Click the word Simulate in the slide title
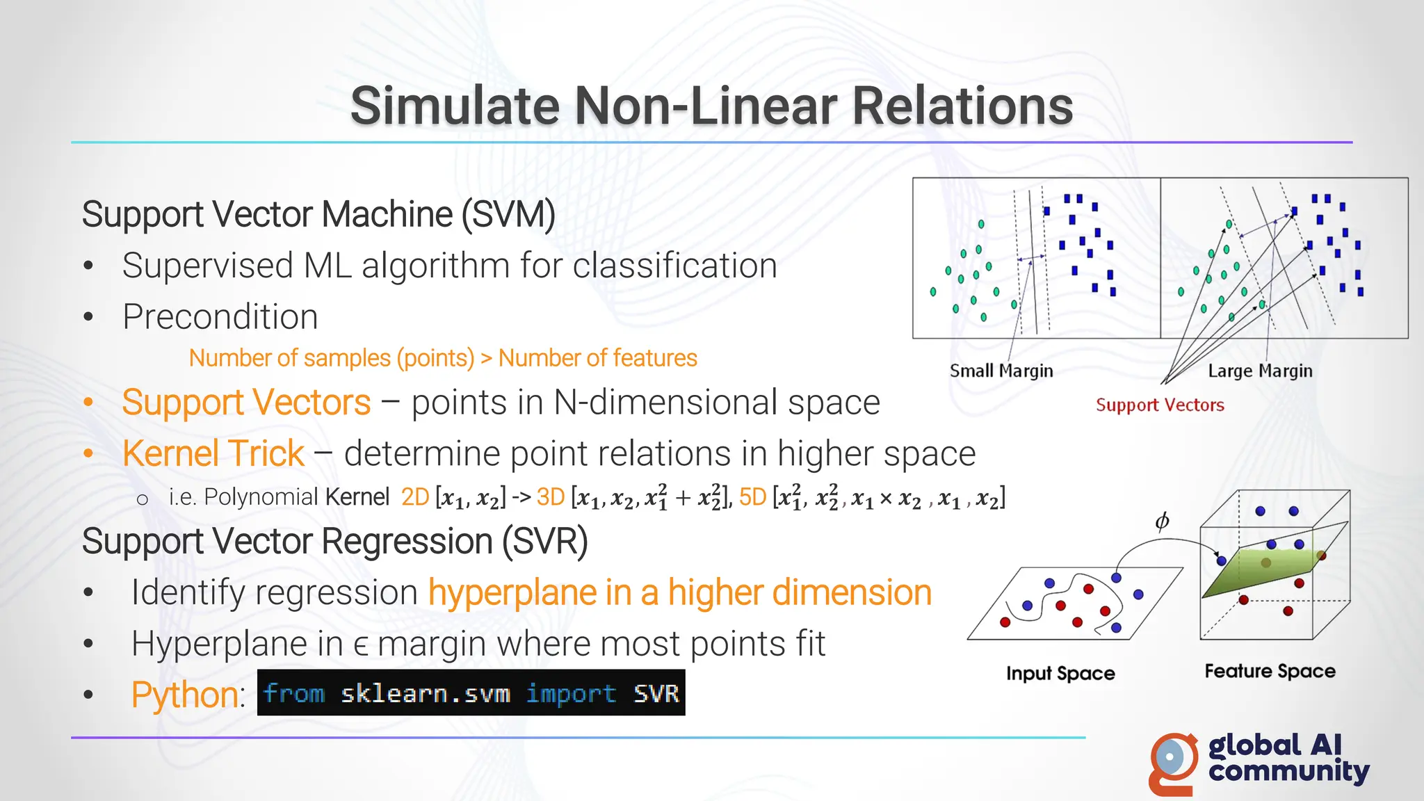pos(455,106)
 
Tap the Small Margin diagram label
pos(1001,371)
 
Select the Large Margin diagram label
pos(1260,371)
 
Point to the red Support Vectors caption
pos(1160,405)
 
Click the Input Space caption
pos(1060,673)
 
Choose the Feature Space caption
pos(1270,671)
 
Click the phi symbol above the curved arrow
pos(1162,521)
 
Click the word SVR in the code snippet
pos(656,693)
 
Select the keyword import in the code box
pos(571,693)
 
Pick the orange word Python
pos(185,695)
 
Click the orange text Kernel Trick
pos(213,453)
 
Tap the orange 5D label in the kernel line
pos(752,497)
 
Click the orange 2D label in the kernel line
pos(415,497)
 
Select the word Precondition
pos(220,317)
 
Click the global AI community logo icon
pos(1174,763)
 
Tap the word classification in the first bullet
pos(674,266)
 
